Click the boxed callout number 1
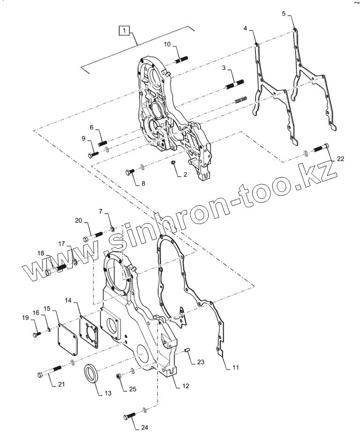[x=124, y=31]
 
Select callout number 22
[x=340, y=159]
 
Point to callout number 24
[x=144, y=427]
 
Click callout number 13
[x=107, y=394]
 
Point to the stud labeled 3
[x=234, y=86]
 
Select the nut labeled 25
[x=120, y=376]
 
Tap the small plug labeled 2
[x=172, y=162]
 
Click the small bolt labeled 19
[x=37, y=334]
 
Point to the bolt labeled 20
[x=93, y=236]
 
